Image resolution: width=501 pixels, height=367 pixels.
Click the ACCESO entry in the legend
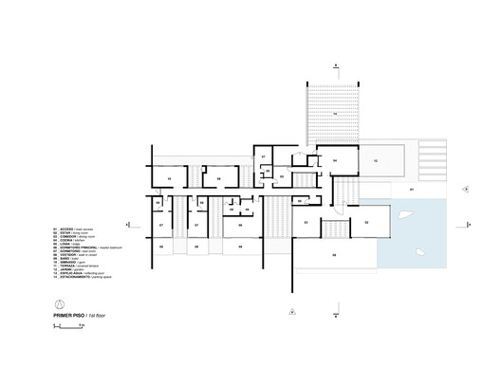(x=71, y=230)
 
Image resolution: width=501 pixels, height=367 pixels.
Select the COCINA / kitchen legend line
(x=71, y=242)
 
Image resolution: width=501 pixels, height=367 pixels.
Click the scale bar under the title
(x=71, y=325)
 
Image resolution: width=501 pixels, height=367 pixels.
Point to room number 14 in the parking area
(x=334, y=114)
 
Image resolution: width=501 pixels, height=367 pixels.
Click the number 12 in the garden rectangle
(x=377, y=162)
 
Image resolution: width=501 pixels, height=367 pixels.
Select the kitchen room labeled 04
(x=335, y=162)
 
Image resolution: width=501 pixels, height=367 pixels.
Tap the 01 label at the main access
(x=411, y=191)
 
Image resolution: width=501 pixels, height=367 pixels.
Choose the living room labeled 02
(x=365, y=222)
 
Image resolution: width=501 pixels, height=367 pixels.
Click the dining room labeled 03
(x=306, y=222)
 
